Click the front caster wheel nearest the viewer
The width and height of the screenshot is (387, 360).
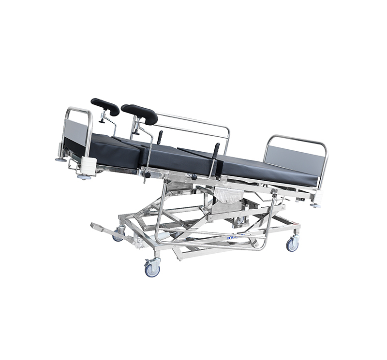[153, 268]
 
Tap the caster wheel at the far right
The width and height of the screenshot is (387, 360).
[292, 244]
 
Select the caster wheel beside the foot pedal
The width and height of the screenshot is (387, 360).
[119, 236]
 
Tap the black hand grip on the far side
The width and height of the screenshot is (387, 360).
[160, 137]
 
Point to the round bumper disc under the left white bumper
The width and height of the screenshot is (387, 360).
[84, 177]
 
